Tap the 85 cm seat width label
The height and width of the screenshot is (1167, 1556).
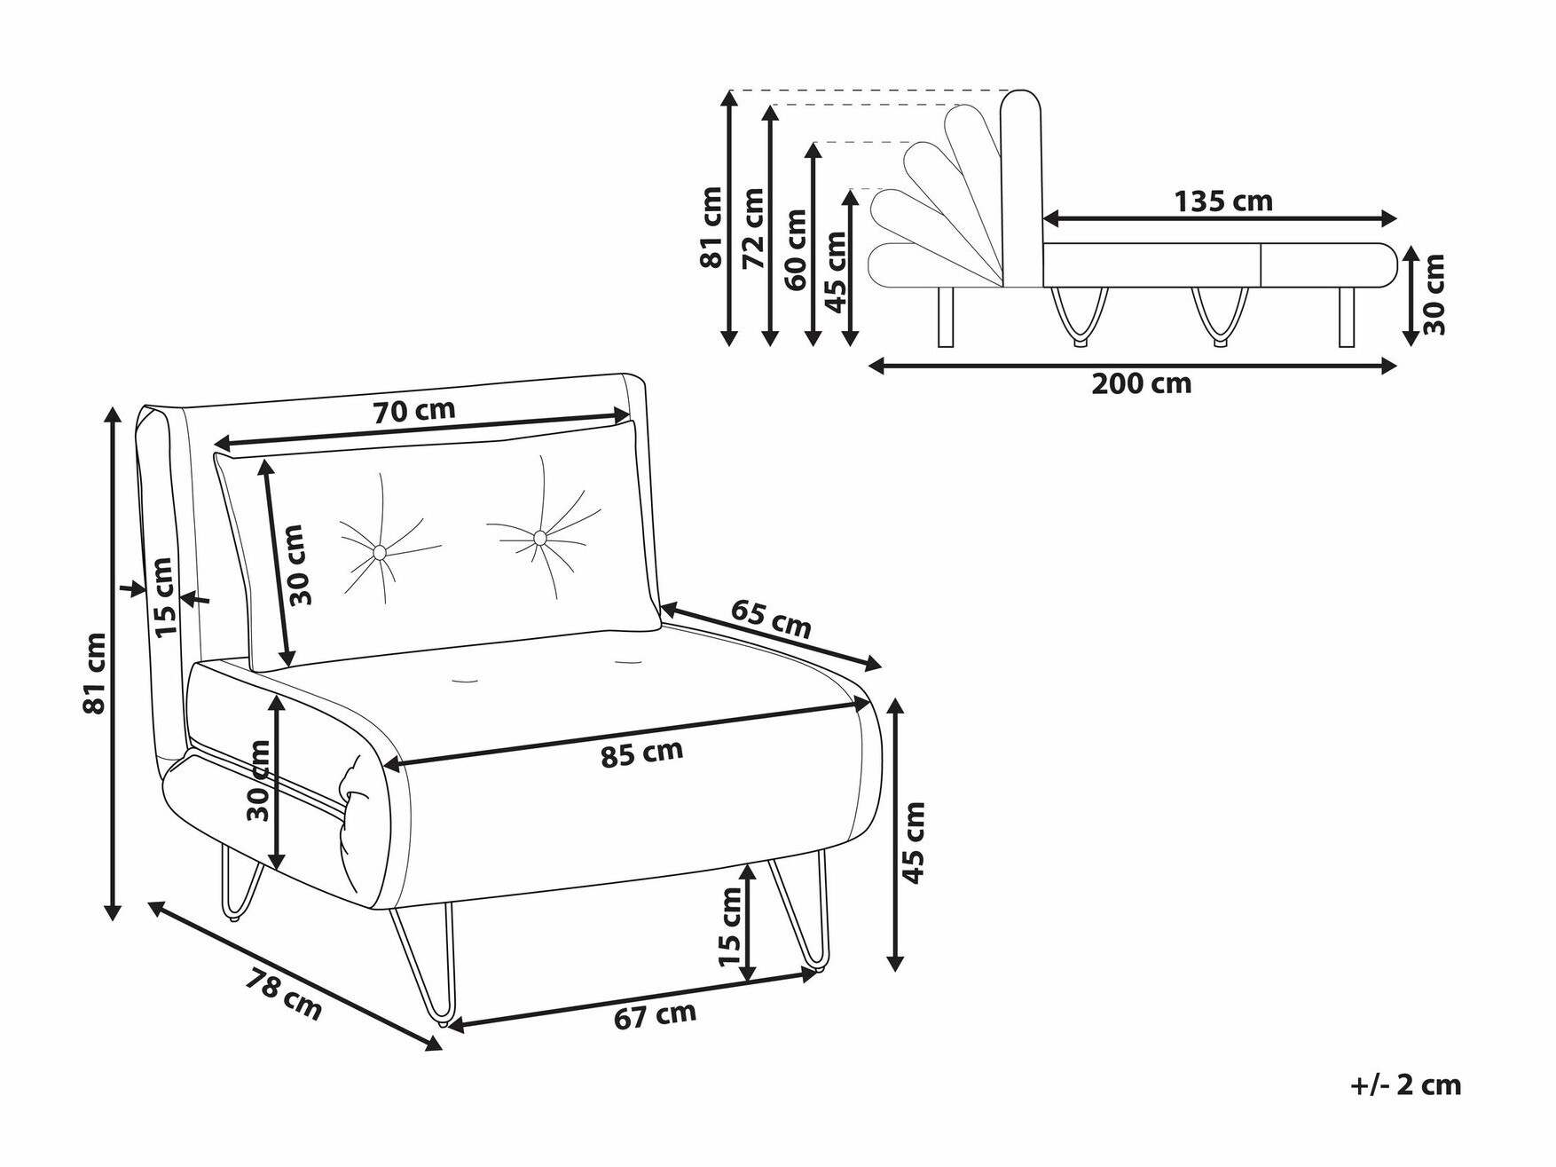pyautogui.click(x=641, y=753)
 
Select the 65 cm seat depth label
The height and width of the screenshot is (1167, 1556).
pyautogui.click(x=771, y=618)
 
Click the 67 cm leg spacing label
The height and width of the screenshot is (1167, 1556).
pyautogui.click(x=655, y=1015)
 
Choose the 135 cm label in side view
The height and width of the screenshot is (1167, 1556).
pyautogui.click(x=1223, y=201)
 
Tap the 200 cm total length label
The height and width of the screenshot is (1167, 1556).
pyautogui.click(x=1141, y=383)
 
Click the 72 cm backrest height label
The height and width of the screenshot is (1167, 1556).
pyautogui.click(x=753, y=228)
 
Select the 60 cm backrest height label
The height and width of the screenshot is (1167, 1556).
pyautogui.click(x=796, y=249)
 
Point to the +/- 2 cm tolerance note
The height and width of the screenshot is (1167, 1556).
pyautogui.click(x=1405, y=1084)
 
